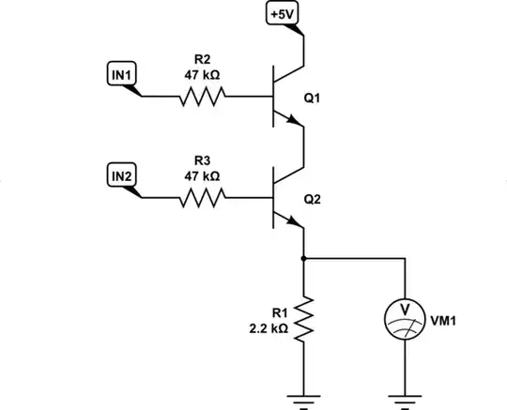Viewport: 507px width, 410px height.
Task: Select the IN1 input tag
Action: (x=122, y=73)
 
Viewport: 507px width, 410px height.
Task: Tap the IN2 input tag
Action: (x=122, y=175)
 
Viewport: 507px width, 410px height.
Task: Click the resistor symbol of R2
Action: (x=202, y=96)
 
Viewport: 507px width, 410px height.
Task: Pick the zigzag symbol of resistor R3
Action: (x=202, y=197)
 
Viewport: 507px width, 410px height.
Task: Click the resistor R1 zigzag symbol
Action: (x=303, y=320)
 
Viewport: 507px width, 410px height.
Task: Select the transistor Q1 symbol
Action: (x=282, y=96)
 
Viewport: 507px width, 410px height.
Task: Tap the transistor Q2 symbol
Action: (x=282, y=197)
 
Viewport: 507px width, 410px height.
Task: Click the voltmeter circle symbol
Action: (x=404, y=320)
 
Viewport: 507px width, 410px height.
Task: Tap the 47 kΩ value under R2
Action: (x=201, y=74)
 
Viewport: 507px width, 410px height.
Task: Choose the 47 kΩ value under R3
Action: (x=201, y=175)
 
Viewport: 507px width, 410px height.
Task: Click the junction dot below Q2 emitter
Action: (x=303, y=256)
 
